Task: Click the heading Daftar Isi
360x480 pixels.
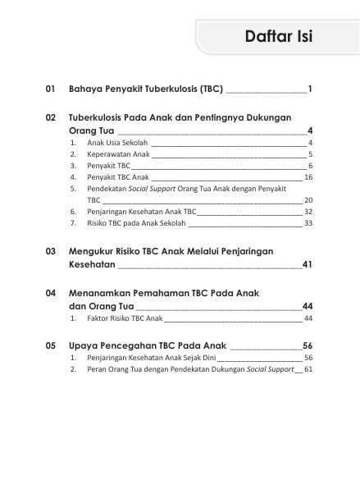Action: point(278,37)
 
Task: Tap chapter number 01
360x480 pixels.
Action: point(51,88)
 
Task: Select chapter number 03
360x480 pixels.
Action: point(51,251)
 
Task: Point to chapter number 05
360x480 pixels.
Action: point(51,345)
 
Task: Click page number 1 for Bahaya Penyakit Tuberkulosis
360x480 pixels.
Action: point(311,88)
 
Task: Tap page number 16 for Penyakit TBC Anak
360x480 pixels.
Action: point(308,176)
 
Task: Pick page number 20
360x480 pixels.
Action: point(308,199)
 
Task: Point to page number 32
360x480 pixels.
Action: point(308,211)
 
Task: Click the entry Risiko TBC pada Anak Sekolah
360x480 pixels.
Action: point(136,222)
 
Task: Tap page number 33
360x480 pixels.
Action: point(308,222)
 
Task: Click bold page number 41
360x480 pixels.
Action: point(308,265)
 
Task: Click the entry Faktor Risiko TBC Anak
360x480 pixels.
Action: point(125,318)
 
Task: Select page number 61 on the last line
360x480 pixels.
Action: point(308,369)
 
